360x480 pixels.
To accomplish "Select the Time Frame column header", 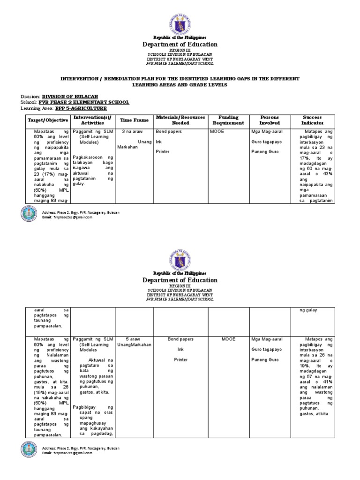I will point(134,120).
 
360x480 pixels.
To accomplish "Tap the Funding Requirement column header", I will point(227,120).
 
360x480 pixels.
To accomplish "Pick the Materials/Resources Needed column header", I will point(180,120).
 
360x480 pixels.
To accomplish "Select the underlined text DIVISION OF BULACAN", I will point(70,96).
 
